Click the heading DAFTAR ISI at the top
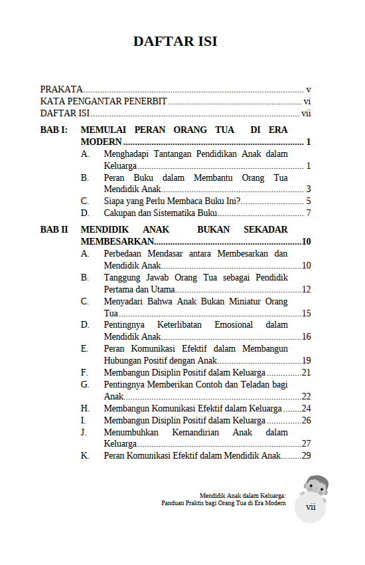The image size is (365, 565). pos(175,41)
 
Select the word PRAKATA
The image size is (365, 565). pos(62,89)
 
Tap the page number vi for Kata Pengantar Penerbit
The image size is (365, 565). pos(307,102)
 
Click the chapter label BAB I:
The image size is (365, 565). pos(54,130)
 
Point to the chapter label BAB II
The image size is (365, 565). pos(54,230)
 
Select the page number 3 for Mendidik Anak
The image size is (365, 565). pos(309,189)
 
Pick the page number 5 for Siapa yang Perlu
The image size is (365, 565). pos(309,201)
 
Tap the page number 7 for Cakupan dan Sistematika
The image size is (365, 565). pos(309,213)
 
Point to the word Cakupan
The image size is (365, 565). pos(120,213)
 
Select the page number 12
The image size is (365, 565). pos(307,290)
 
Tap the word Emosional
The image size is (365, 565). pos(234,325)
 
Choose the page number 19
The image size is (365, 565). pos(307,361)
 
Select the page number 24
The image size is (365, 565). pos(307,409)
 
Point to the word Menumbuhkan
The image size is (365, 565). pos(130,433)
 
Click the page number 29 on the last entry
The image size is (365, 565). pos(307,456)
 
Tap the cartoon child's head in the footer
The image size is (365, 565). pos(316,485)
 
